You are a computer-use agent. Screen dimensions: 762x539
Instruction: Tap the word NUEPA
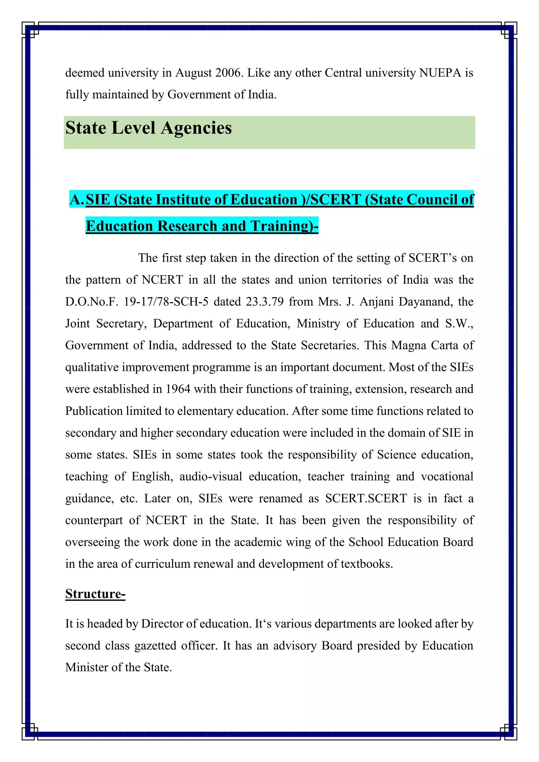tap(440, 73)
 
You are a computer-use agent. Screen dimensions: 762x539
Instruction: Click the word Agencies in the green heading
tap(197, 128)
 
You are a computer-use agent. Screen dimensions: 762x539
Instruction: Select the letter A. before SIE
tap(77, 199)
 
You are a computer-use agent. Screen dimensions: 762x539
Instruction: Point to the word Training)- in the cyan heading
tap(285, 226)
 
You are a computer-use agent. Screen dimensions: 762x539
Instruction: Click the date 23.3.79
tap(264, 302)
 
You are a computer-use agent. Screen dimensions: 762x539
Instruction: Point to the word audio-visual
tap(211, 477)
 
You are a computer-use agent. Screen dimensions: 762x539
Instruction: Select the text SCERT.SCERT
tap(366, 499)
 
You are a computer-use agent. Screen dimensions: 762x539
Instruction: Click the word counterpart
tap(94, 520)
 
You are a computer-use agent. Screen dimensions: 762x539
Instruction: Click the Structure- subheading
tap(95, 594)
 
